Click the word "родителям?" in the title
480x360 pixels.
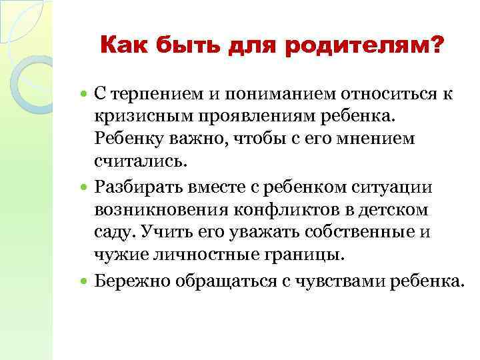379,47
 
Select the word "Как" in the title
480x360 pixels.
126,47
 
